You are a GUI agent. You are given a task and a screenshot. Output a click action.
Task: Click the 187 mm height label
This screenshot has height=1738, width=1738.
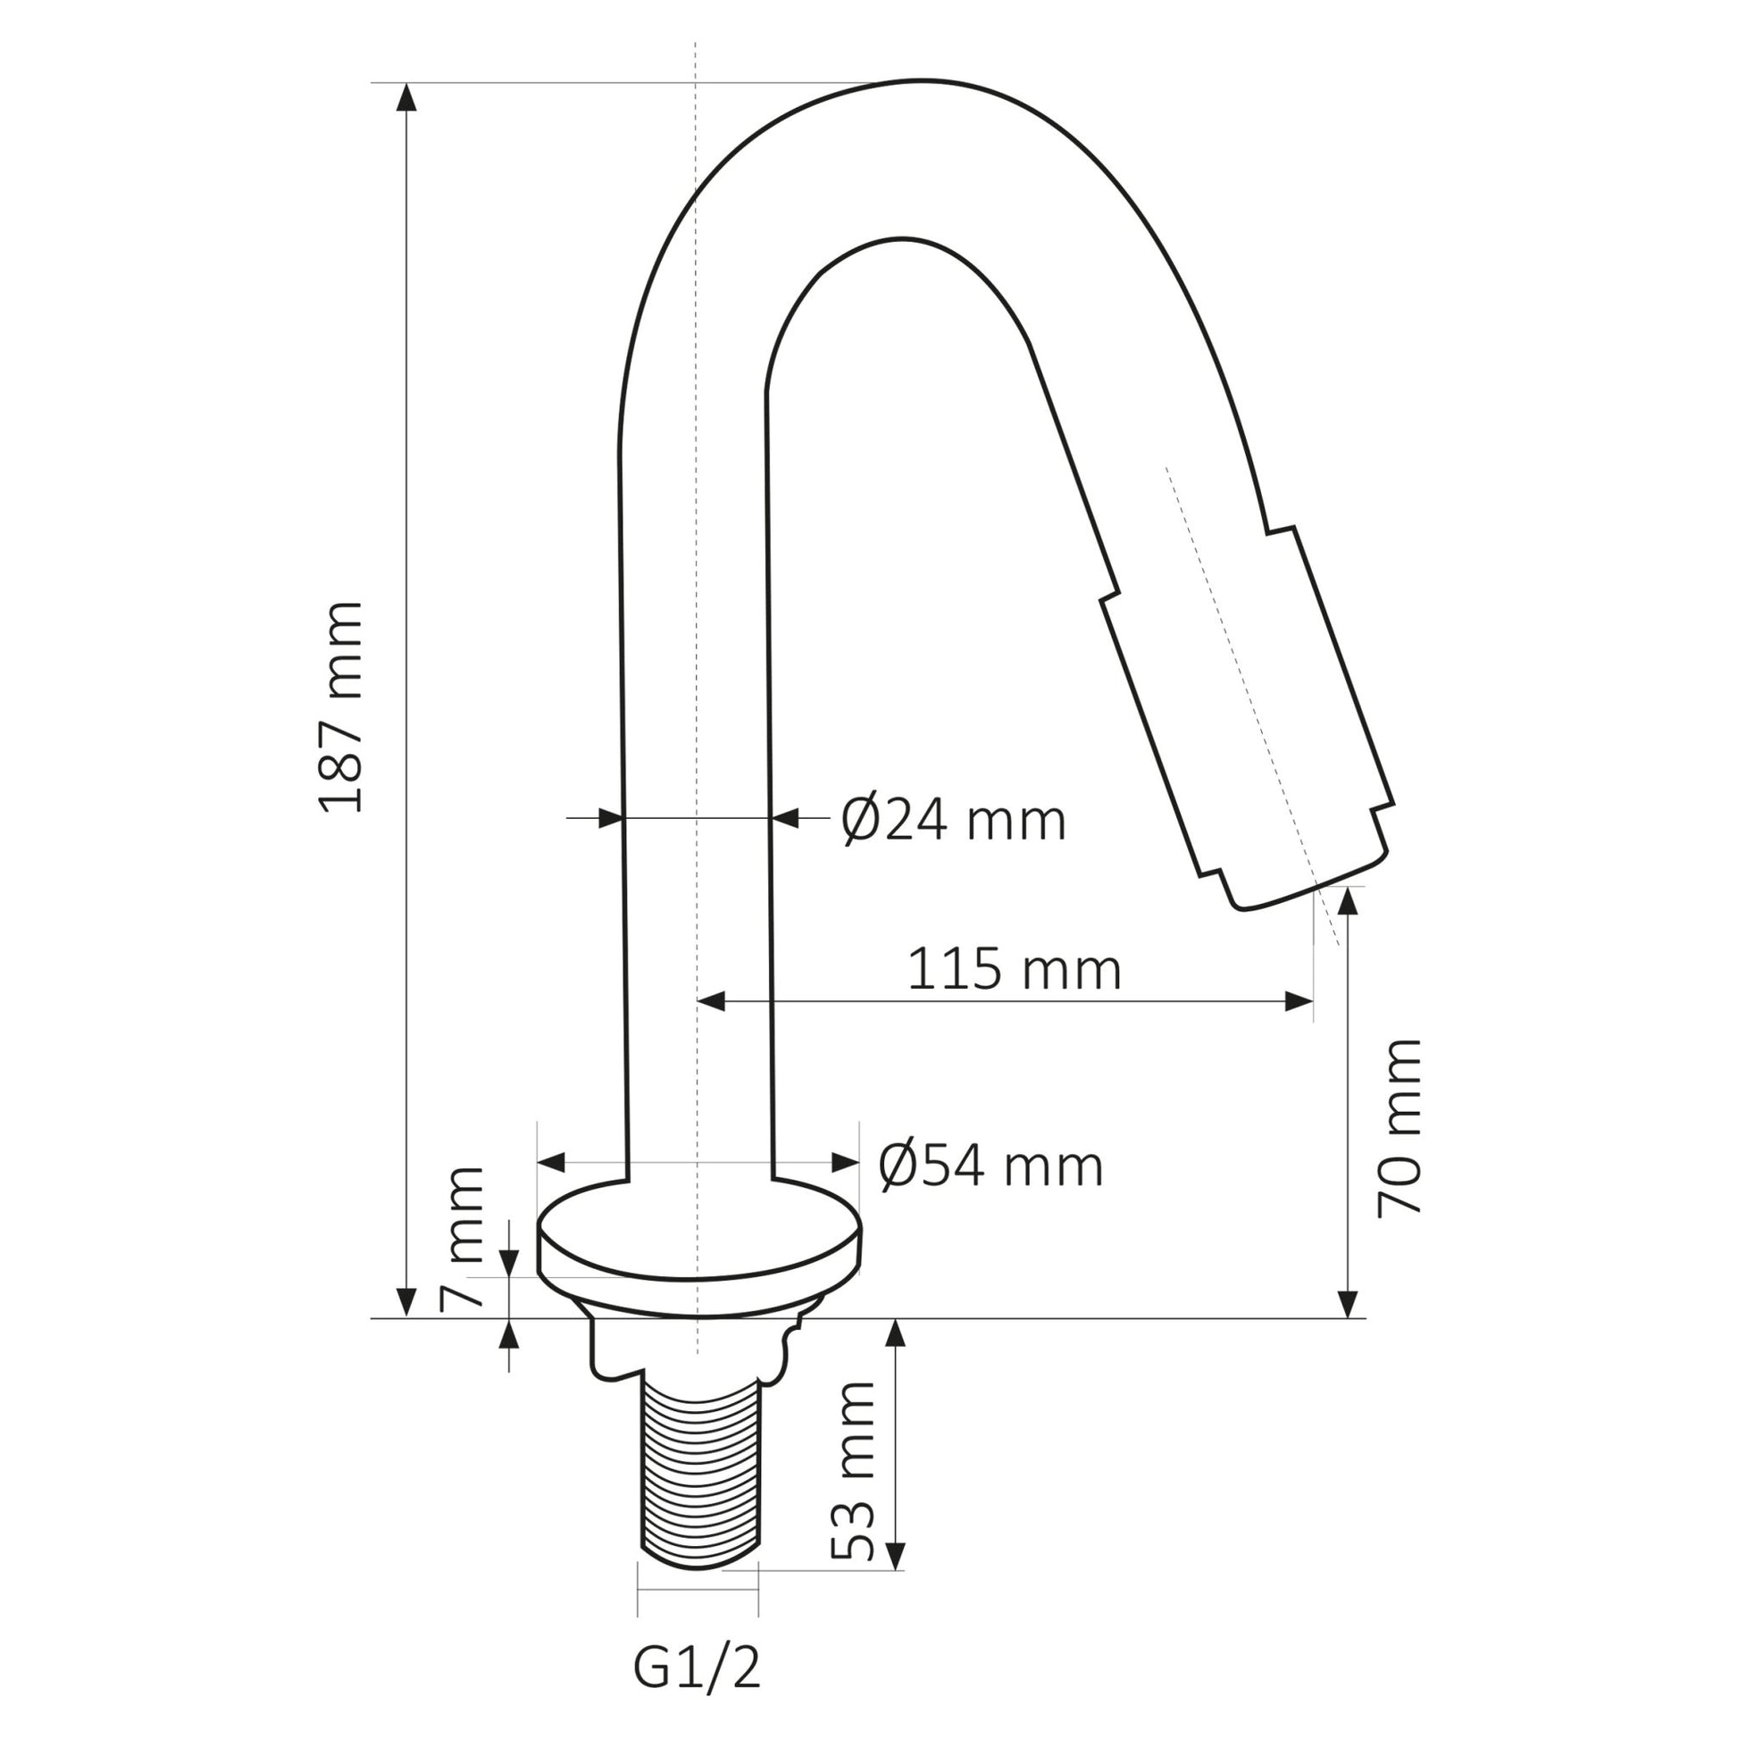[342, 708]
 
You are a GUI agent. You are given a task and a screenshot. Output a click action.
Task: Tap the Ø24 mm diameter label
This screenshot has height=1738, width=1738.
[954, 821]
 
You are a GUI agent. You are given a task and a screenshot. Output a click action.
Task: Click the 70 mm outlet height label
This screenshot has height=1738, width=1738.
[1400, 1128]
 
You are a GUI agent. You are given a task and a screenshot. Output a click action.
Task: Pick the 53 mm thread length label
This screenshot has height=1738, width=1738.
[852, 1471]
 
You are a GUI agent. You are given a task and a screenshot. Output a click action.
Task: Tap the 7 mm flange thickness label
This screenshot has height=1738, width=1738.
[463, 1238]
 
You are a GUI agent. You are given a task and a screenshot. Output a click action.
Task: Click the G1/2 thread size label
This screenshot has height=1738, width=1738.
[698, 1669]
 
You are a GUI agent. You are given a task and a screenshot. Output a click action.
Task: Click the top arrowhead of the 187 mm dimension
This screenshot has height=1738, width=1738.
[406, 96]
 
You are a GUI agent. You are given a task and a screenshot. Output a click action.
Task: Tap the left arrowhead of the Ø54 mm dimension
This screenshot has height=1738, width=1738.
[550, 1161]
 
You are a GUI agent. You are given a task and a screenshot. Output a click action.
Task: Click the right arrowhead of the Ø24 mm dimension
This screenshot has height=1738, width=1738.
[786, 819]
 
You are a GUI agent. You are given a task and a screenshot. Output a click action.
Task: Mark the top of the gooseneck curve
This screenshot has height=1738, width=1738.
[908, 83]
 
